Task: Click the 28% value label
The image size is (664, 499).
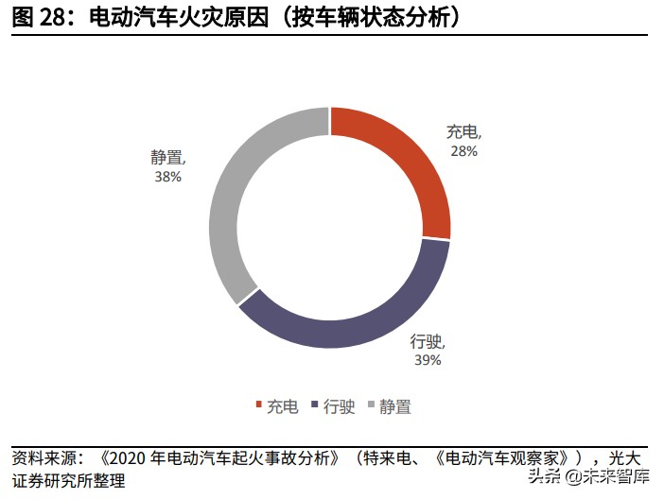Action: click(x=463, y=151)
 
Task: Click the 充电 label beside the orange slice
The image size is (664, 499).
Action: click(x=462, y=133)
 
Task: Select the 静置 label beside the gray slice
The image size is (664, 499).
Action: click(x=166, y=158)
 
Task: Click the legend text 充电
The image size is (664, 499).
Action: click(x=282, y=407)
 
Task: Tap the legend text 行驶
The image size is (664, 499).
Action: click(x=339, y=407)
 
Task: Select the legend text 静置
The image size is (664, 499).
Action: click(x=395, y=407)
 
